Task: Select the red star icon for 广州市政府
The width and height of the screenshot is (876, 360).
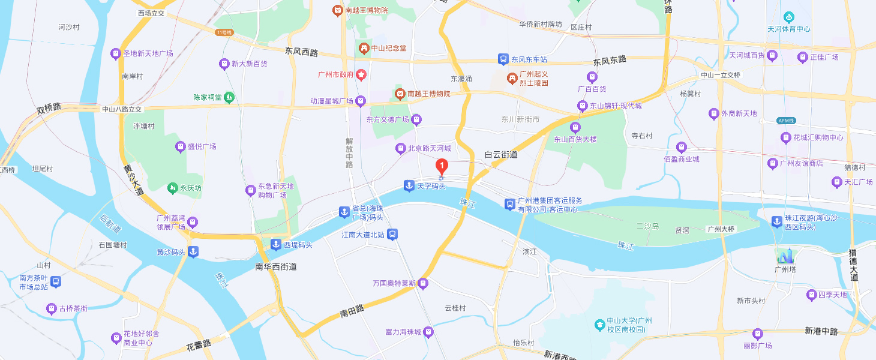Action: pos(361,75)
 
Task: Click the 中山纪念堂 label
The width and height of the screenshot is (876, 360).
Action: pos(391,48)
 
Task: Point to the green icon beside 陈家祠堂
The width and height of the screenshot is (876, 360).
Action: pos(229,97)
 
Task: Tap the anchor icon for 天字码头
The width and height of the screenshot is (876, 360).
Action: pos(409,186)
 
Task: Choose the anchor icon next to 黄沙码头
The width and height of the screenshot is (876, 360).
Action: pos(193,252)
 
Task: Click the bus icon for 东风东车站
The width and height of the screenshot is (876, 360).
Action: pos(503,59)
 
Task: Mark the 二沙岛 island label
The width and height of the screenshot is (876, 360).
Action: pos(647,226)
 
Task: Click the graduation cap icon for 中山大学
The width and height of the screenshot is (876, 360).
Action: pos(599,325)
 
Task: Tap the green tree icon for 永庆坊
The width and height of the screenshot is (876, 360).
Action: pos(173,188)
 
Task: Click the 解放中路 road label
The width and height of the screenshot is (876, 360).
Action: pos(349,153)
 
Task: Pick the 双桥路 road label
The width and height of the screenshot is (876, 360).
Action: pos(49,109)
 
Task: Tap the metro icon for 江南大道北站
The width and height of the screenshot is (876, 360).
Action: pos(392,235)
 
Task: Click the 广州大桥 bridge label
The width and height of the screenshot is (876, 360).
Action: pos(721,229)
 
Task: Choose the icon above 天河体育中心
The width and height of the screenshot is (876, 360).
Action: pos(788,17)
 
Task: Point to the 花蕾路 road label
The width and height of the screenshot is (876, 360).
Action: pos(199,344)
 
